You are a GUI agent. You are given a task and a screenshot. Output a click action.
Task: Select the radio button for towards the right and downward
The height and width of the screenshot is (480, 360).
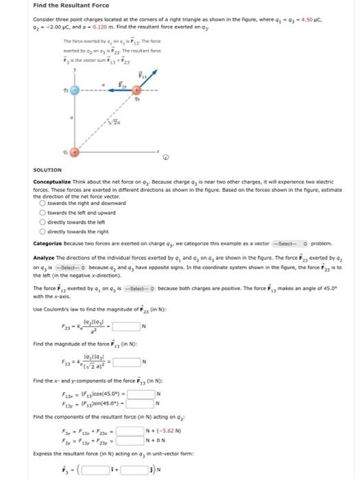44,203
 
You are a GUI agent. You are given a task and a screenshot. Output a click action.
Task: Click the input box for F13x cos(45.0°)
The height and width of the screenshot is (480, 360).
138,393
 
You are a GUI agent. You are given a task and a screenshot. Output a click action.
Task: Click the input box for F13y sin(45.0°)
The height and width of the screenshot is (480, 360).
138,402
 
